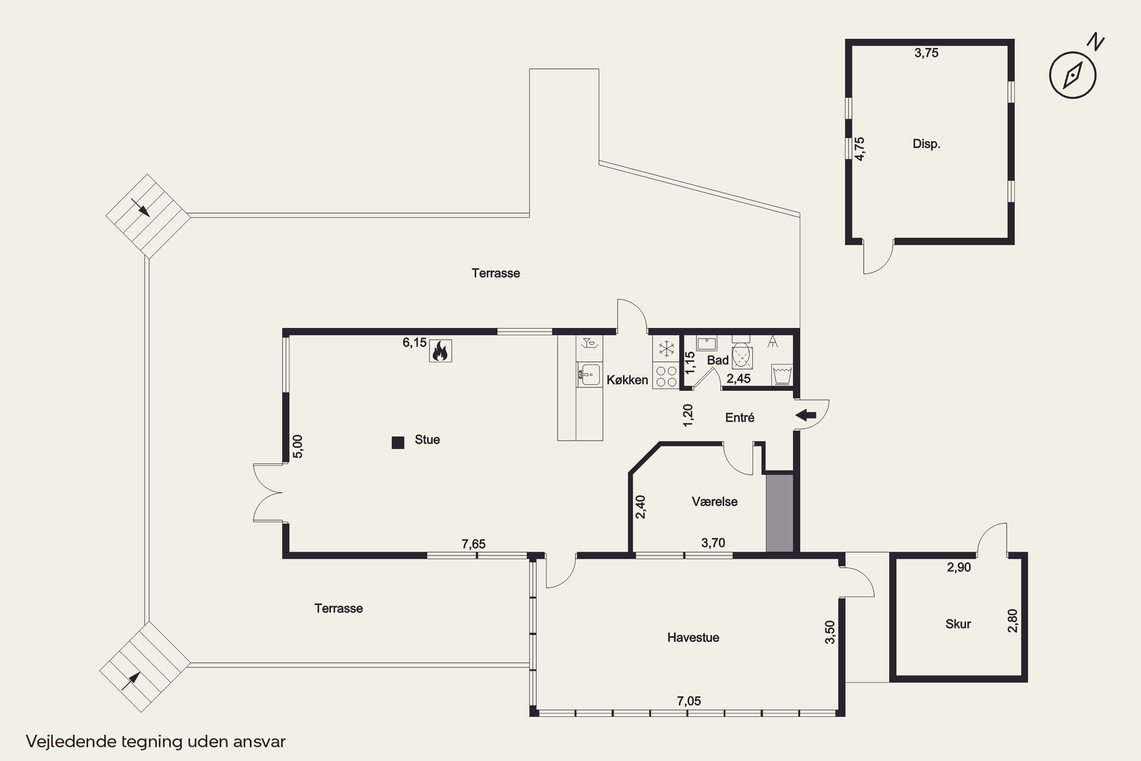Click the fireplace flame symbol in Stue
pyautogui.click(x=440, y=351)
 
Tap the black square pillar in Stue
pyautogui.click(x=398, y=443)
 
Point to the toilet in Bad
pyautogui.click(x=742, y=355)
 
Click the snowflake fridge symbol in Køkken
pyautogui.click(x=666, y=349)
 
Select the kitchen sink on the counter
pyautogui.click(x=590, y=374)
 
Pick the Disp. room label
pyautogui.click(x=926, y=144)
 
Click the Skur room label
pyautogui.click(x=958, y=624)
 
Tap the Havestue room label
pyautogui.click(x=693, y=637)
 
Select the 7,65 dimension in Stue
pyautogui.click(x=474, y=544)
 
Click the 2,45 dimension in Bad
pyautogui.click(x=738, y=379)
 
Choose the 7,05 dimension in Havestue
pyautogui.click(x=689, y=701)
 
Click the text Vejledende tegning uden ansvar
pyautogui.click(x=156, y=741)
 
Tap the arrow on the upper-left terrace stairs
pyautogui.click(x=141, y=208)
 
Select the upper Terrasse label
pyautogui.click(x=496, y=273)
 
